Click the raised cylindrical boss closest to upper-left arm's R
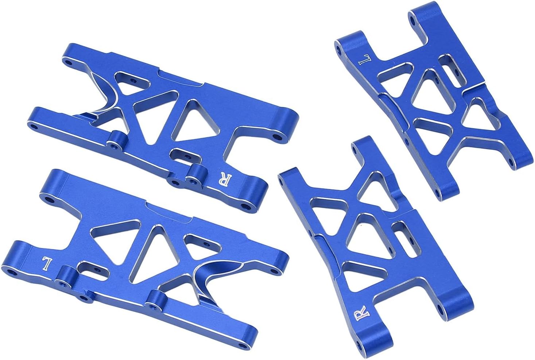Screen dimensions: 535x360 point(197,173)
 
